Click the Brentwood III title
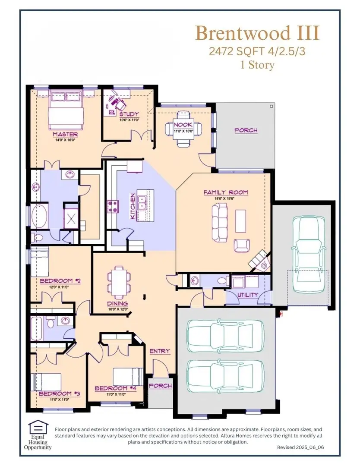point(257,33)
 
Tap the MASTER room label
point(65,134)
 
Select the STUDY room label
point(129,114)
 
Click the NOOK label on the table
point(184,125)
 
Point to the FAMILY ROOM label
point(226,192)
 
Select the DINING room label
point(117,303)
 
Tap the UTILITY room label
point(247,295)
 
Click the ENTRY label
point(160,351)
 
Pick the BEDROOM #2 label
point(60,281)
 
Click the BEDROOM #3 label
point(54,394)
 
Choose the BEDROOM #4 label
point(116,388)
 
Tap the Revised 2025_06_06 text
point(300,448)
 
